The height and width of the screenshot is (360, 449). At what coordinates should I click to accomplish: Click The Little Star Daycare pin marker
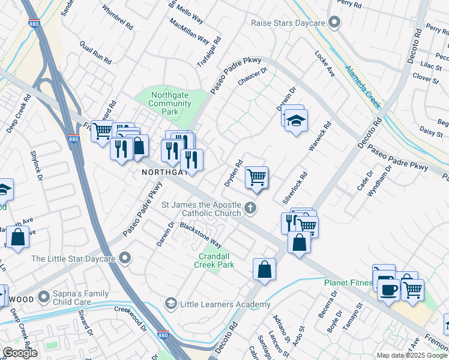click(x=125, y=259)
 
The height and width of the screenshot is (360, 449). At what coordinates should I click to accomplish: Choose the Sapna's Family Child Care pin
click(x=44, y=296)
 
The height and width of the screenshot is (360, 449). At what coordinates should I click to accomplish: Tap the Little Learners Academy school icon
click(x=171, y=304)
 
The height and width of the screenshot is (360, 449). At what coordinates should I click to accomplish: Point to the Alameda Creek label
click(x=363, y=87)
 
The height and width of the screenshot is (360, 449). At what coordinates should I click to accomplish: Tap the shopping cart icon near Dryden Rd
click(x=256, y=177)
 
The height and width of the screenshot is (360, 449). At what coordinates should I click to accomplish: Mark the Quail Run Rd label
click(x=96, y=53)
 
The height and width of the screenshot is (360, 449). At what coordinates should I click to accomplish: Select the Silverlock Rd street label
click(x=294, y=187)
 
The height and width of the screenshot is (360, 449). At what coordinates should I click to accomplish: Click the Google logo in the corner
click(x=20, y=353)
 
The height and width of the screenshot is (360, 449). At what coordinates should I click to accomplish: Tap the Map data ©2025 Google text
click(x=411, y=355)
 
